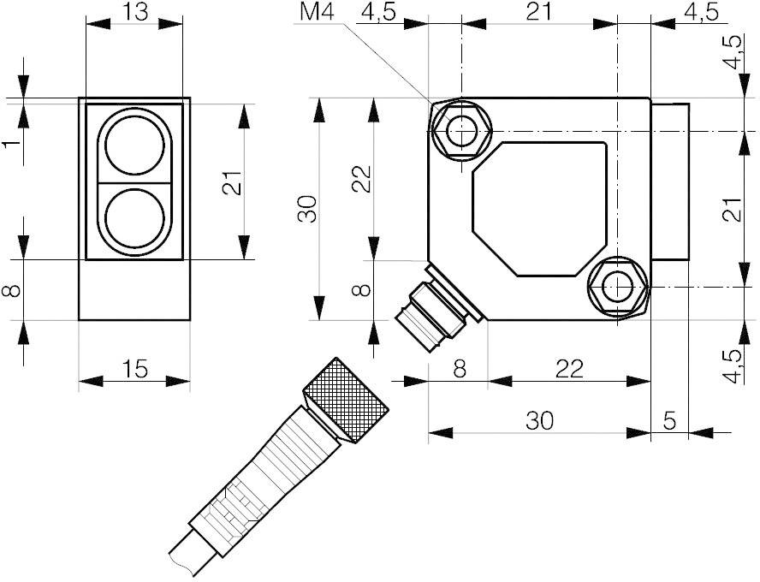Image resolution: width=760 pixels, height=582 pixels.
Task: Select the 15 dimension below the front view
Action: tap(134, 369)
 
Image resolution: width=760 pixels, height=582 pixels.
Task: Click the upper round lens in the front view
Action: tap(134, 141)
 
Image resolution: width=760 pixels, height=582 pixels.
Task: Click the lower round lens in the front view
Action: tap(134, 217)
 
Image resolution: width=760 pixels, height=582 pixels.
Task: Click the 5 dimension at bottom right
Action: tap(668, 420)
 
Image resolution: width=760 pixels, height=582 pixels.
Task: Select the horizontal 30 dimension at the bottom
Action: tap(539, 420)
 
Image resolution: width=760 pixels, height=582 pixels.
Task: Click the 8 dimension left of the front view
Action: tap(10, 290)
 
